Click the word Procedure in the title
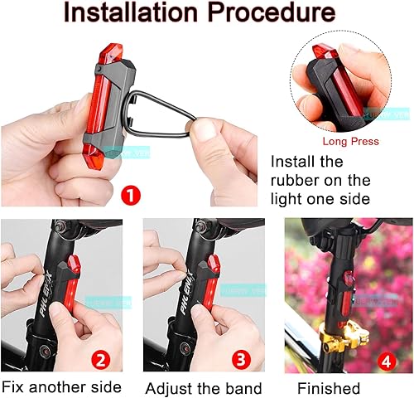tap(277, 14)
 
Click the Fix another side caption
tap(61, 387)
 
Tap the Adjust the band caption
tap(204, 388)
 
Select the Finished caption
tap(330, 388)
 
